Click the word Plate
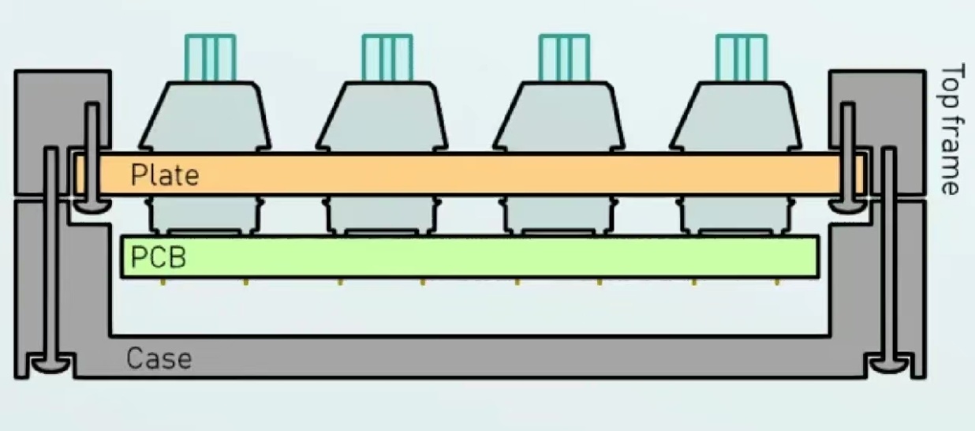click(x=165, y=175)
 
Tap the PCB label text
click(x=159, y=257)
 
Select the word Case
click(x=159, y=358)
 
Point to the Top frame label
click(x=951, y=129)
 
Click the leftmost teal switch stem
click(x=211, y=58)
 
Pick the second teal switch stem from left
click(x=387, y=58)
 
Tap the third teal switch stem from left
click(x=565, y=58)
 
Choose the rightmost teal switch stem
click(x=742, y=58)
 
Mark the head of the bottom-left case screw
click(x=51, y=365)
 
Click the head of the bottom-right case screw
click(x=889, y=365)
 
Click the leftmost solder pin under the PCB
click(x=163, y=282)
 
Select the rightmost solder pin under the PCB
click(x=777, y=282)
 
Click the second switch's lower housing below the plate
click(x=382, y=215)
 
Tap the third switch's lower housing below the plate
click(x=558, y=215)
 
